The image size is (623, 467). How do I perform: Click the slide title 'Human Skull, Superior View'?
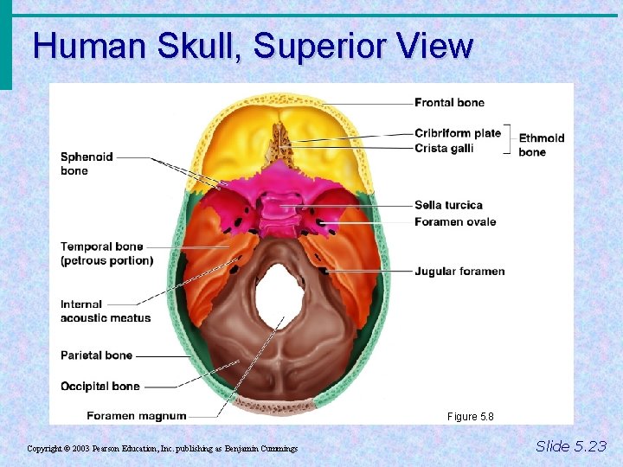[x=253, y=46]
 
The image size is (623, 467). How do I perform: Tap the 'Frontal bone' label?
[x=449, y=103]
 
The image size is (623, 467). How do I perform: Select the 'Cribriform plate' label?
[x=457, y=133]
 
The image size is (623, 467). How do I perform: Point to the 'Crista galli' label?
[x=443, y=148]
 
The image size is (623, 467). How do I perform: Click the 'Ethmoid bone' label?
[x=541, y=144]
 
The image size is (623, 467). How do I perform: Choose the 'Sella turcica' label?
[x=448, y=205]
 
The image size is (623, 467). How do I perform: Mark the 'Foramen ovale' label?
[x=455, y=221]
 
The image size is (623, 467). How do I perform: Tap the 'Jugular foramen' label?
[x=459, y=272]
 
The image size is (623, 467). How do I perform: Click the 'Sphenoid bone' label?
[x=87, y=163]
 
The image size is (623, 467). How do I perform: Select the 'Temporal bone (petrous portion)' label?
[x=106, y=253]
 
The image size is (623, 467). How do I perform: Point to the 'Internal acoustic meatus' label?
[x=105, y=310]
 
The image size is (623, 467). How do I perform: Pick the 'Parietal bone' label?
[x=96, y=355]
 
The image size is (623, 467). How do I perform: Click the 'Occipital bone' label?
[x=100, y=386]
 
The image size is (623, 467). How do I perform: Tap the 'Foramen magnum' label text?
[x=136, y=416]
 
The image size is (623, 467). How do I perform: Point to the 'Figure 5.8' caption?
[x=470, y=417]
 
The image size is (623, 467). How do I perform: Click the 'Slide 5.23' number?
[x=571, y=446]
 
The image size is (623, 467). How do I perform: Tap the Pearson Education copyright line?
[x=162, y=449]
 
